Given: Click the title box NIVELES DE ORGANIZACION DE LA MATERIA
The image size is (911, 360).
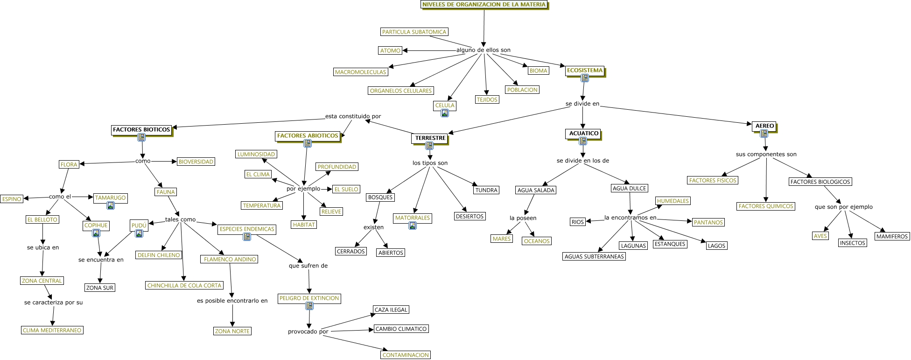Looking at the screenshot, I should point(484,5).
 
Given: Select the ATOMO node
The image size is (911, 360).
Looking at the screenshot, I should point(390,50).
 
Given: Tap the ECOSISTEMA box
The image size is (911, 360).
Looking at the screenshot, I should point(585,71).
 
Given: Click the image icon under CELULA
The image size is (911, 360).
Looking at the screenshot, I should point(445,113).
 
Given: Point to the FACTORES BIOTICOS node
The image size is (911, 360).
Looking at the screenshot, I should point(141,129).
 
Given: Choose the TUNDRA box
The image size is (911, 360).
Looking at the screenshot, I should point(486,190).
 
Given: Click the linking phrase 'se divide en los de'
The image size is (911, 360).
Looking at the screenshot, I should point(582,161).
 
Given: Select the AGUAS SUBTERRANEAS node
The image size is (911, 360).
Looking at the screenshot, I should point(594,256).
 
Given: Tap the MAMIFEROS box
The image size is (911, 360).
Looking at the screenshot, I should point(891,236).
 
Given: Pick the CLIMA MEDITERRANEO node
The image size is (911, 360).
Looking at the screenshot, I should point(52,330).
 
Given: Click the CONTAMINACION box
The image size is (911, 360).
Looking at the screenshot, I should point(406,355).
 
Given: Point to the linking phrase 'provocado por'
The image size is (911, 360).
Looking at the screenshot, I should point(308,332).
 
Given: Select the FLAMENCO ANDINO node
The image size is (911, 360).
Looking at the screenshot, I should point(230,259).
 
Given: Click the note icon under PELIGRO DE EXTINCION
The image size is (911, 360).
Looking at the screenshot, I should point(309,306).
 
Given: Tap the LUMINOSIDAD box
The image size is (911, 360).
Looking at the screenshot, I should point(256,154).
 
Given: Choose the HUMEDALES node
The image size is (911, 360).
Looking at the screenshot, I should point(673,201).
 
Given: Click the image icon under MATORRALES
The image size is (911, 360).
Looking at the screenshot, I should point(413,226).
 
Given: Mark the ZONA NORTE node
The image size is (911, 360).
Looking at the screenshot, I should point(232,331).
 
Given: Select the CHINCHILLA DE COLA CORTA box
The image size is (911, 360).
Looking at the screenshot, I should point(184,285).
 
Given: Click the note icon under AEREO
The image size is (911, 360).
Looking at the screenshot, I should point(764,134).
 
